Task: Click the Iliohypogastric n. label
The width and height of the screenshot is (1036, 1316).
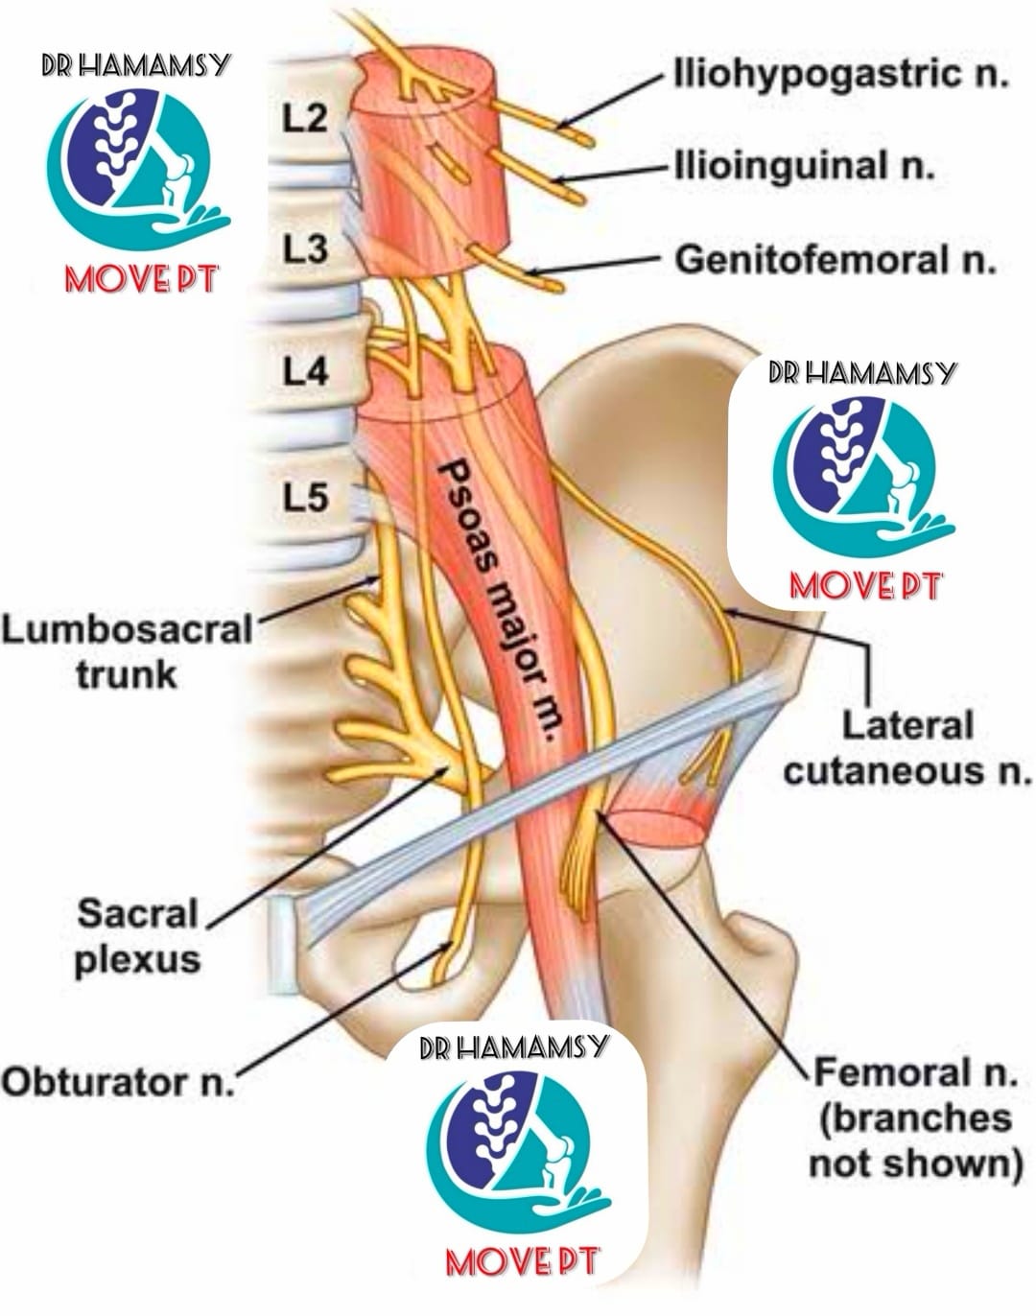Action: point(841,75)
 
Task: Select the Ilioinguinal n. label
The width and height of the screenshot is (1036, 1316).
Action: point(806,165)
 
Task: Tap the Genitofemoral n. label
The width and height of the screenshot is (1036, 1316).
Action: point(836,260)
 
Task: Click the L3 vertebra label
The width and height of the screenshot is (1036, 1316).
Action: point(304,249)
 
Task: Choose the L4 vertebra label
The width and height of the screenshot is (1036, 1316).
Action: point(304,371)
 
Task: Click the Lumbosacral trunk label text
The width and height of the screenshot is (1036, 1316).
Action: point(128,652)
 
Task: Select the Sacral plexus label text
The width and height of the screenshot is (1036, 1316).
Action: point(137,944)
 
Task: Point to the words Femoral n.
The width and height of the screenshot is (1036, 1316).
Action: point(915,1072)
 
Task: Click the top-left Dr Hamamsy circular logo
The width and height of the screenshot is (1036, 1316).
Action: point(136,173)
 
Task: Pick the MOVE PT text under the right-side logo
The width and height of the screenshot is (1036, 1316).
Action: point(864,586)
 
